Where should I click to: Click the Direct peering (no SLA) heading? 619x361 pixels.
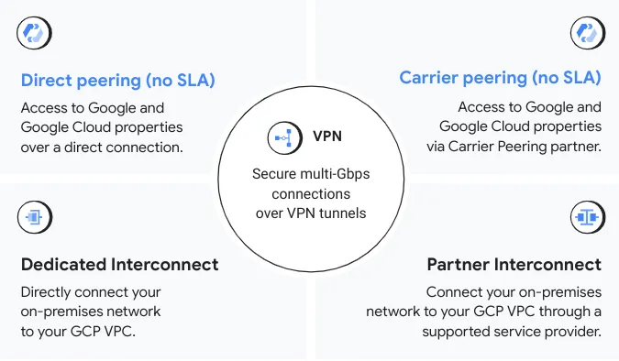pyautogui.click(x=117, y=80)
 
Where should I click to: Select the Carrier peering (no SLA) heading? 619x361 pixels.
pyautogui.click(x=500, y=77)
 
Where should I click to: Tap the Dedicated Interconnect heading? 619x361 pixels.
pyautogui.click(x=119, y=265)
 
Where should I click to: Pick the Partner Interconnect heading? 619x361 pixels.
pyautogui.click(x=514, y=265)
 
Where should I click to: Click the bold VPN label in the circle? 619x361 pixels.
pyautogui.click(x=327, y=137)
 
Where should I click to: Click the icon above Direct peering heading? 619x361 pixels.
pyautogui.click(x=33, y=33)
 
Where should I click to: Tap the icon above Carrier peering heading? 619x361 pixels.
pyautogui.click(x=584, y=33)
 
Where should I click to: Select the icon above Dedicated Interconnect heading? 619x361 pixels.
pyautogui.click(x=33, y=217)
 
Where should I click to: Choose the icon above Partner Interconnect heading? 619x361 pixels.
pyautogui.click(x=584, y=217)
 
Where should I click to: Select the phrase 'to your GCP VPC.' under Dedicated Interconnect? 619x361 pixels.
pyautogui.click(x=79, y=331)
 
